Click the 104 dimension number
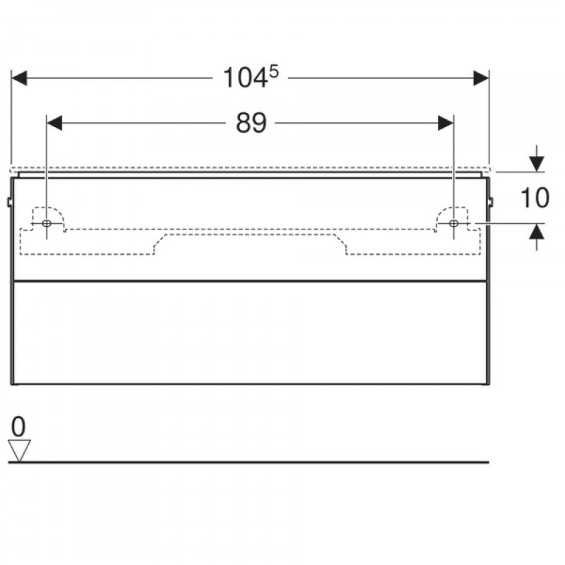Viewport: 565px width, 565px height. click(245, 78)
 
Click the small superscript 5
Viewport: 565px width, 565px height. click(274, 72)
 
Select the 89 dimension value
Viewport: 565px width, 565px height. click(251, 123)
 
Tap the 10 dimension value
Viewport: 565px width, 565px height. click(535, 198)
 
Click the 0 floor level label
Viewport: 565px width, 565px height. click(18, 427)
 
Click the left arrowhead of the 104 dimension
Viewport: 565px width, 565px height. click(19, 78)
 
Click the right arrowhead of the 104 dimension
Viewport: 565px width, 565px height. click(481, 78)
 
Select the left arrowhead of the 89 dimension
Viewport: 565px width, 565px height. click(54, 123)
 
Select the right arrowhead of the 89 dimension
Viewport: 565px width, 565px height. click(446, 123)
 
